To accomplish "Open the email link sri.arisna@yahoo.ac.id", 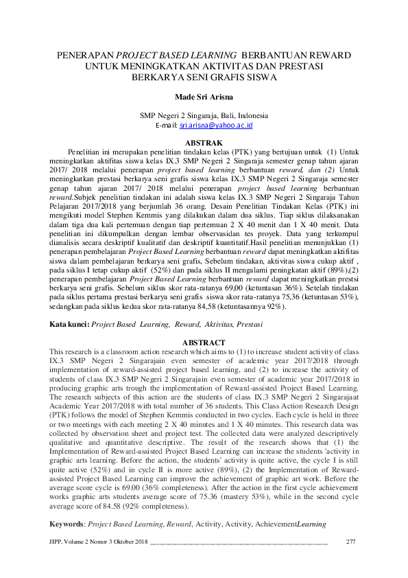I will point(217,126).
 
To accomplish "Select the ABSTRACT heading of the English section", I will point(204,342).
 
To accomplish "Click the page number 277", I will point(352,543).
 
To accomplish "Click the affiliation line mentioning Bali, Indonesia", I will point(204,116).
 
